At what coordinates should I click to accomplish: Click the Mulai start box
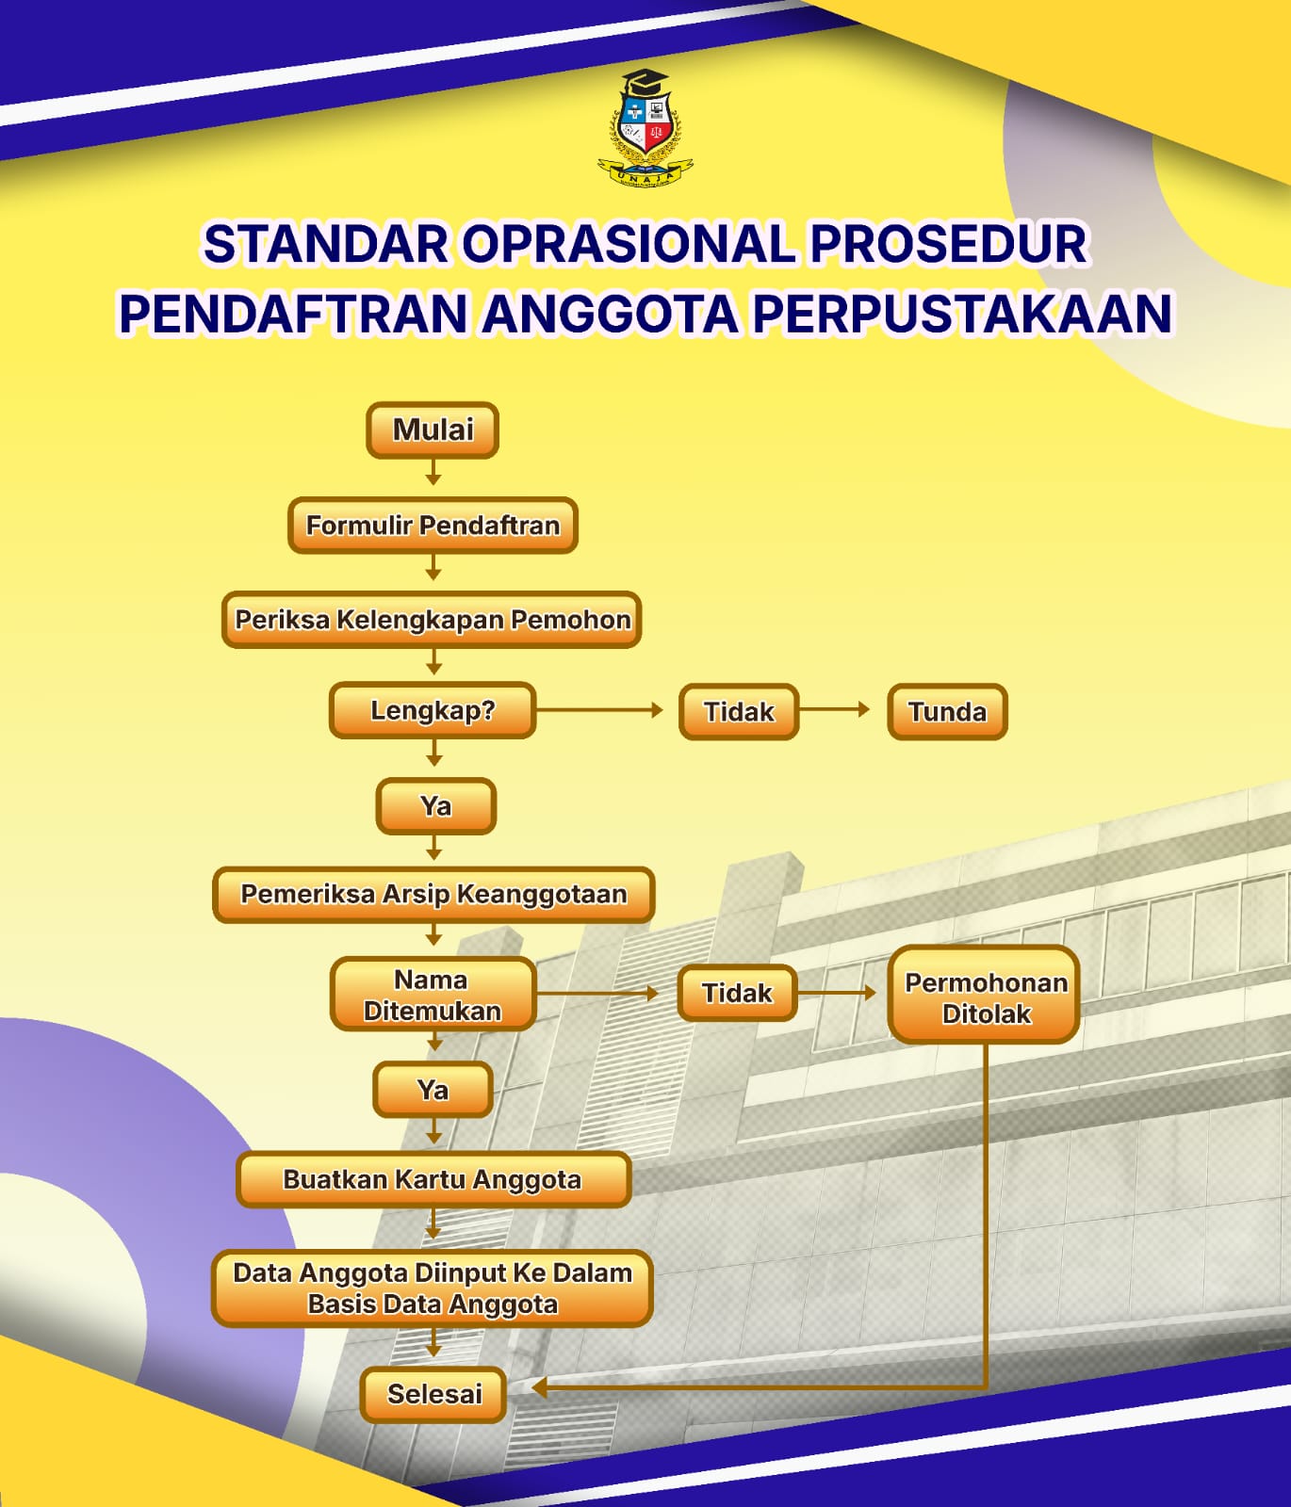[433, 430]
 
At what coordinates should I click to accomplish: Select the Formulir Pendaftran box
[433, 525]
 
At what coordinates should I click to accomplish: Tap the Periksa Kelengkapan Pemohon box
[433, 620]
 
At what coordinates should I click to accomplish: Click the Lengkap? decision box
[433, 710]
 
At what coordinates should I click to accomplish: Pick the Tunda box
[947, 711]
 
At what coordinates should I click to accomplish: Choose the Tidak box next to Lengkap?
[739, 711]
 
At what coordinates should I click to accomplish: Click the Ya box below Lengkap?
[435, 806]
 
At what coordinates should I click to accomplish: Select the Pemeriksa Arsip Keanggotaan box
[433, 894]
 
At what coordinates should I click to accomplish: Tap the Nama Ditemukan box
[433, 995]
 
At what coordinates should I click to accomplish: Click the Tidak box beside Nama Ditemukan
[737, 993]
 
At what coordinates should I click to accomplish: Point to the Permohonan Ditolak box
[985, 997]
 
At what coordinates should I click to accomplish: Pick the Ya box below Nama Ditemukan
[433, 1090]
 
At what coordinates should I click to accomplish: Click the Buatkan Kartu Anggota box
[433, 1179]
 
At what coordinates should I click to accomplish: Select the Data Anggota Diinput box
[433, 1288]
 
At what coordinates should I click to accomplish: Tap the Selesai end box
[433, 1394]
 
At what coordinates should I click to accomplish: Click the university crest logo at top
[646, 127]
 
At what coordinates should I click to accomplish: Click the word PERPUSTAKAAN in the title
[962, 314]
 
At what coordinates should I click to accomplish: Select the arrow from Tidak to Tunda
[835, 709]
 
